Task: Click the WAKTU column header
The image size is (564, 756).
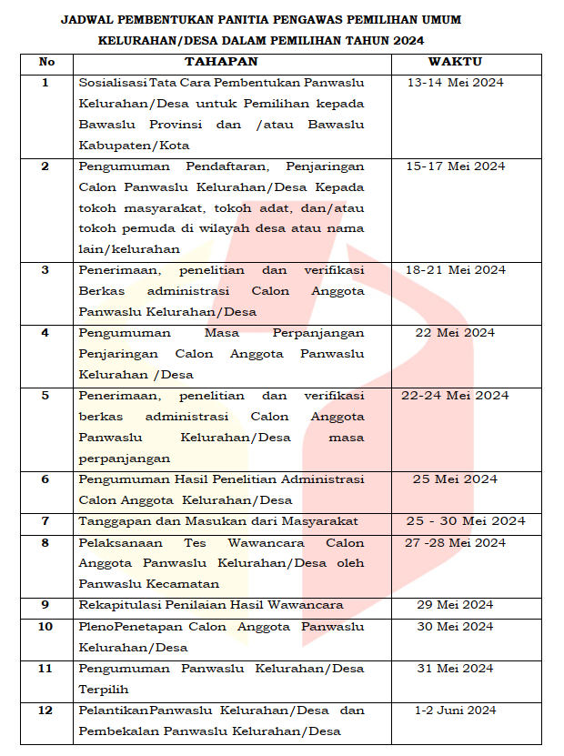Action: click(x=455, y=62)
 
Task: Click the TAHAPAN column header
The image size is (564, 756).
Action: click(x=221, y=62)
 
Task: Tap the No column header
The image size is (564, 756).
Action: click(x=46, y=62)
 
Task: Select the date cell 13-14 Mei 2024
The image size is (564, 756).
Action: click(x=455, y=83)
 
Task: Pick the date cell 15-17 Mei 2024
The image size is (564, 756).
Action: click(x=455, y=166)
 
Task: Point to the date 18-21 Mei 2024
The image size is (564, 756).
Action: click(x=455, y=270)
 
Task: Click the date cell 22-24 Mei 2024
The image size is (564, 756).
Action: click(x=455, y=396)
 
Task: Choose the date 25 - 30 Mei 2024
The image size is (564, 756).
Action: click(x=466, y=521)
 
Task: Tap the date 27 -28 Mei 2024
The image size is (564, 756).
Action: click(x=455, y=543)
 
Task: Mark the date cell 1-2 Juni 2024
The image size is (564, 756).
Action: click(x=455, y=711)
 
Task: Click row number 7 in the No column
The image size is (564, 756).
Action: click(x=45, y=521)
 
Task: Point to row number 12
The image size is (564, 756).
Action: click(x=45, y=711)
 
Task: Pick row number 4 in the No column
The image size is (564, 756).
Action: click(x=45, y=333)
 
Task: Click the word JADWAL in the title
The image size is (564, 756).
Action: click(x=86, y=19)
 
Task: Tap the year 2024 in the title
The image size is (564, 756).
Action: click(x=408, y=41)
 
